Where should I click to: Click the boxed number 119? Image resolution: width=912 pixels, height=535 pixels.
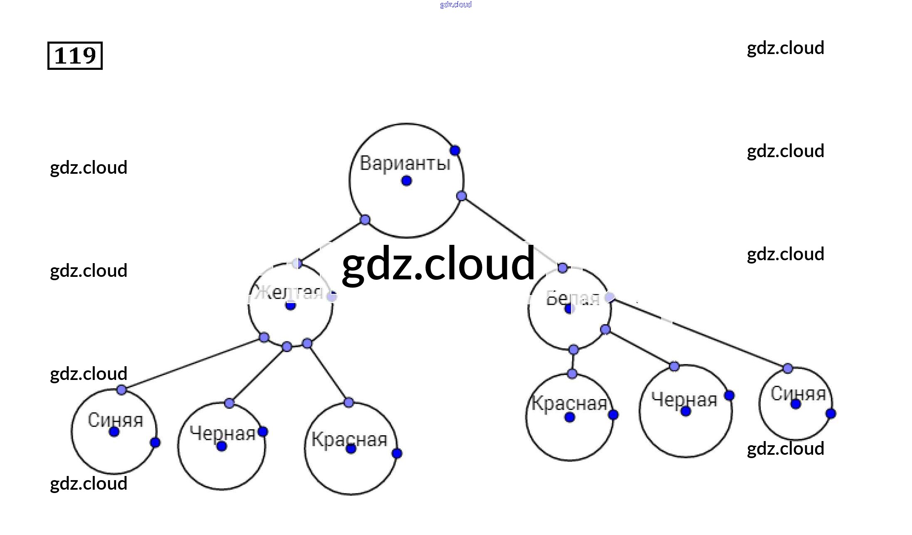tap(75, 55)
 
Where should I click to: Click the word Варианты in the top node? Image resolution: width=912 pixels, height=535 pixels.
tap(405, 163)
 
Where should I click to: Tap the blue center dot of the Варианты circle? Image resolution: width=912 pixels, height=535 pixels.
tap(407, 181)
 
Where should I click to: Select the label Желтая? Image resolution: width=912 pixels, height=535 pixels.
tap(289, 292)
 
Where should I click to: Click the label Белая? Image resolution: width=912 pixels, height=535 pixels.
tap(573, 298)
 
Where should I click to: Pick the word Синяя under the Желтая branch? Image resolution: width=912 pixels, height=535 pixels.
tap(115, 420)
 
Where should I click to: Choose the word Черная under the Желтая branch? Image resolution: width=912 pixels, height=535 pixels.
tap(222, 433)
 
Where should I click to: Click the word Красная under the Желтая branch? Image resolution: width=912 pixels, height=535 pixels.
tap(349, 439)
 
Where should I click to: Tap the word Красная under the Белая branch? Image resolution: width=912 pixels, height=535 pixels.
tap(569, 403)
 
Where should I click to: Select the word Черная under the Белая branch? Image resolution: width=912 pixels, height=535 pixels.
tap(684, 399)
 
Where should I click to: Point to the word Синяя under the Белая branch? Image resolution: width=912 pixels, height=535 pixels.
tap(798, 393)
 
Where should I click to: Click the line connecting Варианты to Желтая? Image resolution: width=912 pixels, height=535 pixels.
tap(331, 242)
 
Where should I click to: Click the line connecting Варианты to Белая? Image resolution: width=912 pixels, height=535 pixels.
tap(512, 232)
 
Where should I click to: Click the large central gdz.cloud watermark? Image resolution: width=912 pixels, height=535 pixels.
tap(438, 263)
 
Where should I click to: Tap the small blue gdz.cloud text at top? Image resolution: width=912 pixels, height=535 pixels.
tap(456, 5)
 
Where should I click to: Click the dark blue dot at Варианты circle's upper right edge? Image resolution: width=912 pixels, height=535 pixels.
tap(455, 150)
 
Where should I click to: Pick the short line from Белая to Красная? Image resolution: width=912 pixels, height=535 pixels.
tap(573, 362)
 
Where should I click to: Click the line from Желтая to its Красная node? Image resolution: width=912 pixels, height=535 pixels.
tap(328, 373)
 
